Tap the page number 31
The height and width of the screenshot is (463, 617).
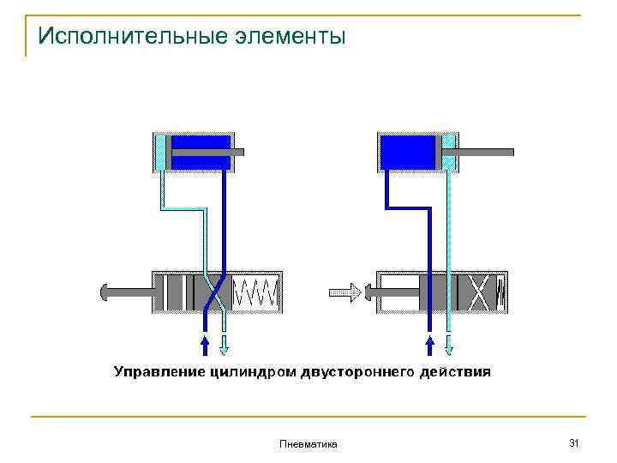574,442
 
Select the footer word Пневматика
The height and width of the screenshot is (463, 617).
308,443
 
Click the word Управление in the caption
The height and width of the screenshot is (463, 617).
157,372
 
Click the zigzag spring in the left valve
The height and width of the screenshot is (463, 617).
255,292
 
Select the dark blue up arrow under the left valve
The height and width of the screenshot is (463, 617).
204,345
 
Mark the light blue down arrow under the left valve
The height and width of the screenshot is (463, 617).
225,345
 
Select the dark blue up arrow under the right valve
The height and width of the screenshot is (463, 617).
429,345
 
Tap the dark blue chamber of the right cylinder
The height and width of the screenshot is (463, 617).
408,152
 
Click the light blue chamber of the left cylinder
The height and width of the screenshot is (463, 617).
160,152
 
